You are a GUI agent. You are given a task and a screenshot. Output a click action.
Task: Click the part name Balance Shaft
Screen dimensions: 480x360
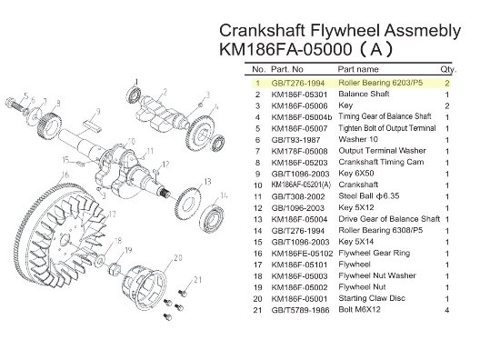click(364, 94)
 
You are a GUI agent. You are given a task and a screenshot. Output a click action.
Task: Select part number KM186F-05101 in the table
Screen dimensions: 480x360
click(299, 265)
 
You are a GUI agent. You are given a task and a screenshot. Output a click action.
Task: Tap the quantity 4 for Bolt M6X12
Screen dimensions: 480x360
click(447, 310)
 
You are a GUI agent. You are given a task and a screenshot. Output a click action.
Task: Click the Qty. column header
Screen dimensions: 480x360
click(448, 69)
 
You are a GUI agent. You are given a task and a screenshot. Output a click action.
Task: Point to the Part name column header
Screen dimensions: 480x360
click(358, 69)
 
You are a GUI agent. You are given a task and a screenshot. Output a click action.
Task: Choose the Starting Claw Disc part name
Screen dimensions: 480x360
click(372, 298)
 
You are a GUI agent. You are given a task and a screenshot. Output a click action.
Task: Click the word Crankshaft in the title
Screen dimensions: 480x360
click(263, 30)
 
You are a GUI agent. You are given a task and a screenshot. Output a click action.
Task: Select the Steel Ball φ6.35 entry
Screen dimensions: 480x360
click(369, 196)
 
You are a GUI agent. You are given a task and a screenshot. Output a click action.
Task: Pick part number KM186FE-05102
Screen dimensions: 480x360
click(302, 253)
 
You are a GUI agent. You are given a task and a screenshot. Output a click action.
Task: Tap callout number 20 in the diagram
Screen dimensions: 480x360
click(178, 258)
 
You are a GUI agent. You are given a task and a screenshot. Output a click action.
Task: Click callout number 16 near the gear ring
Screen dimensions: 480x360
click(65, 175)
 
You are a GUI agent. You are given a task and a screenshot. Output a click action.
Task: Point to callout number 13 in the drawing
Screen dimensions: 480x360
click(207, 182)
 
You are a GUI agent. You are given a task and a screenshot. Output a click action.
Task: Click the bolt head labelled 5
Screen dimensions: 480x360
click(10, 102)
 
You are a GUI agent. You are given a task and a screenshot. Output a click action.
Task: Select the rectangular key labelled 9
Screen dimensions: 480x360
click(92, 126)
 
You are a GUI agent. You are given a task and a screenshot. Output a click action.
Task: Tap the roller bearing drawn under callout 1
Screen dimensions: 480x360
click(134, 94)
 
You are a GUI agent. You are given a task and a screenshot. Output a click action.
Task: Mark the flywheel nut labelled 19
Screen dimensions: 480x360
click(115, 269)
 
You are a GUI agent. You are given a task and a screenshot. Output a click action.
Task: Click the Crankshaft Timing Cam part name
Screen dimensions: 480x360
click(381, 162)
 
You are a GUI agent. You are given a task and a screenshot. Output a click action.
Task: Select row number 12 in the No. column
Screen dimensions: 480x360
click(258, 208)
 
